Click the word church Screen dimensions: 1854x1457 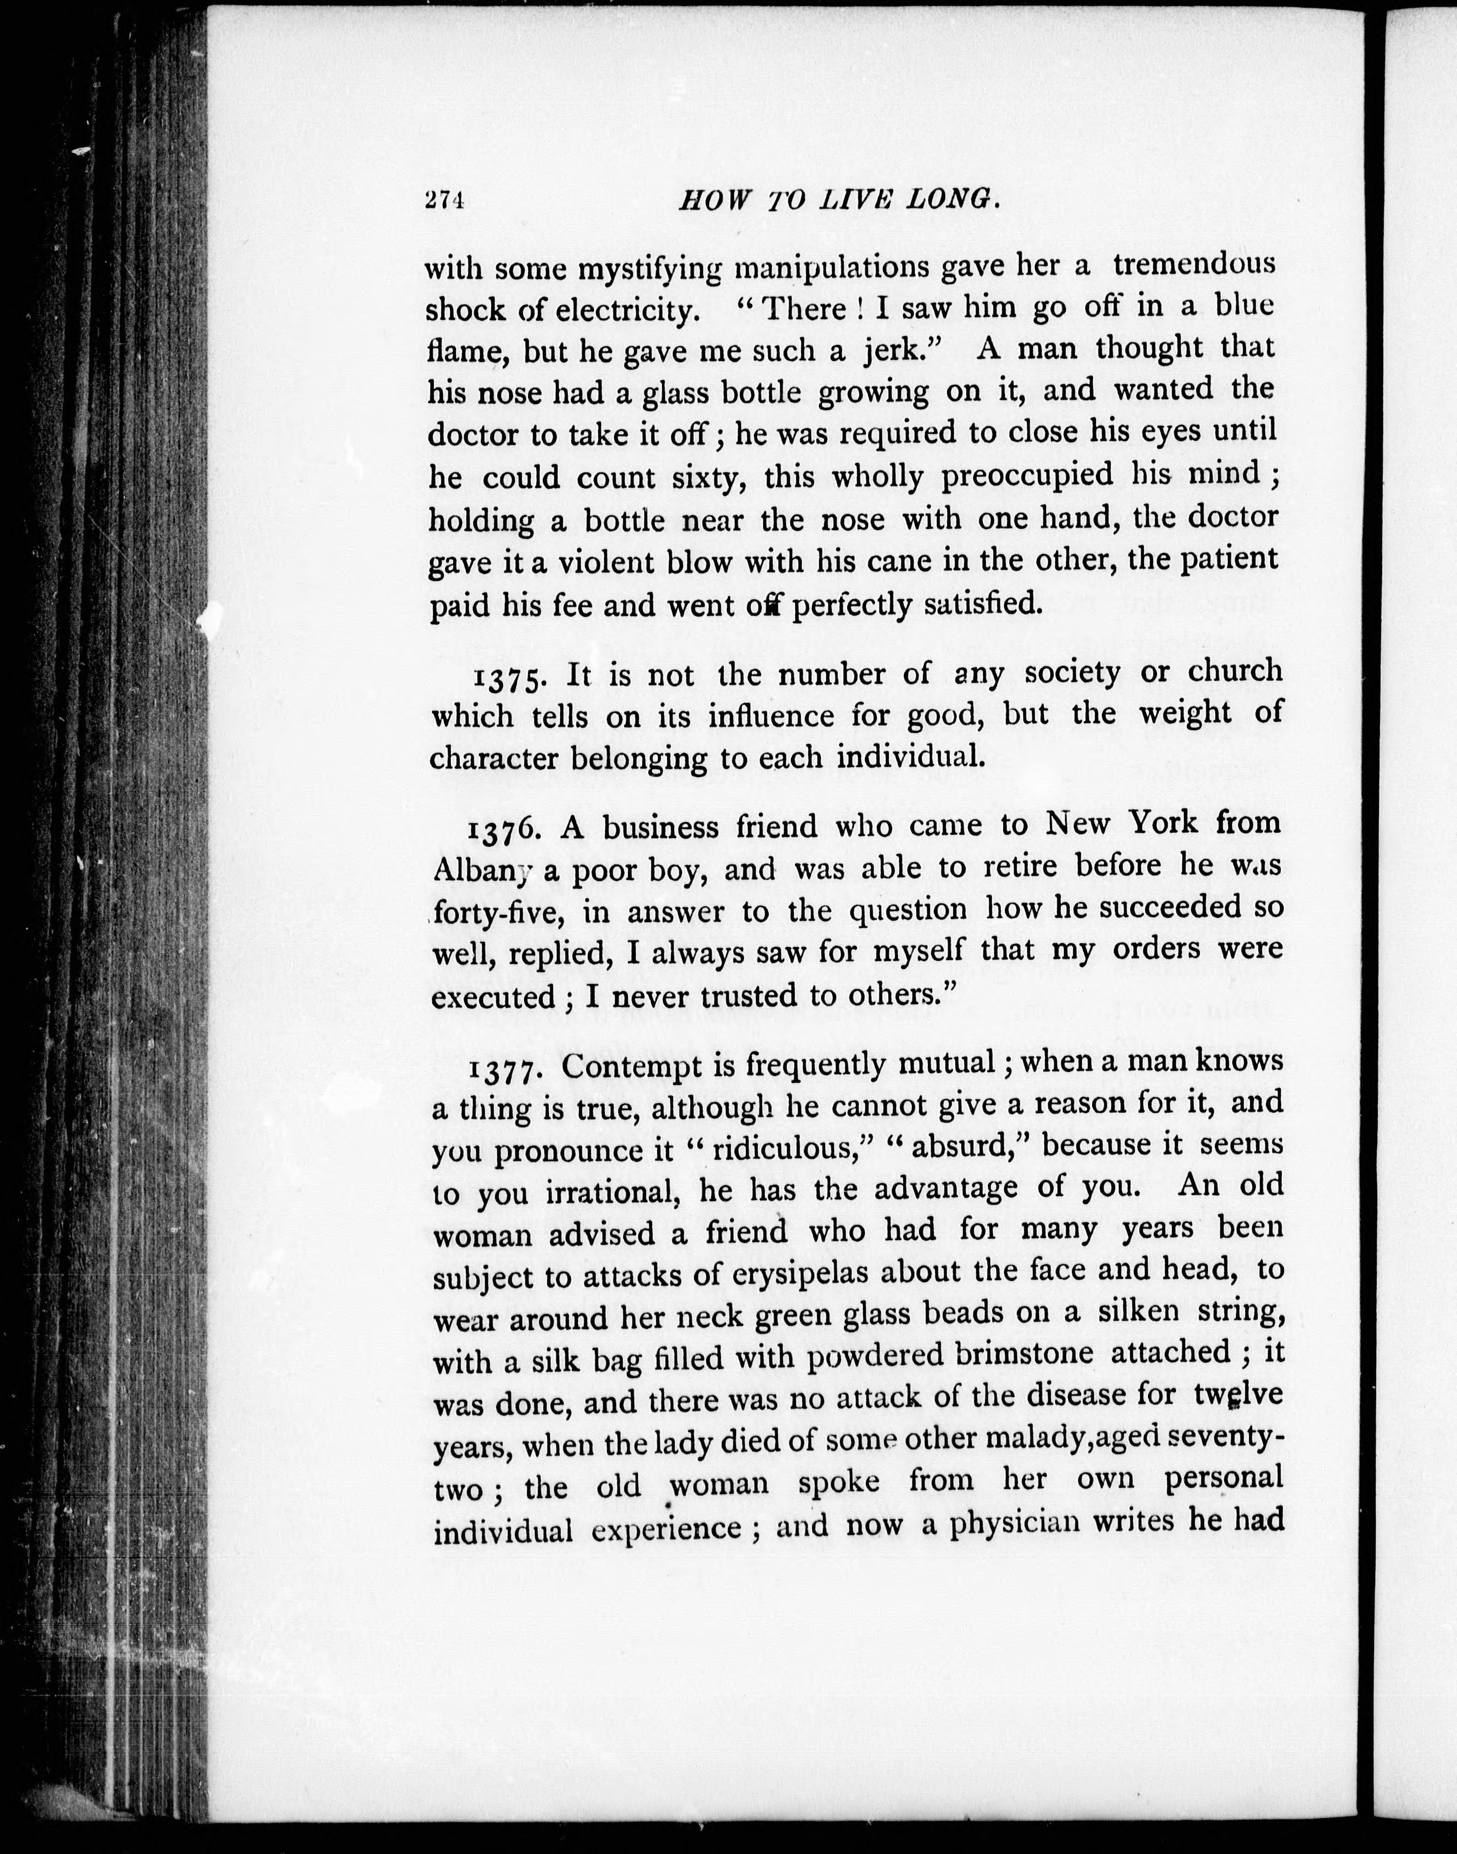pyautogui.click(x=1235, y=671)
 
